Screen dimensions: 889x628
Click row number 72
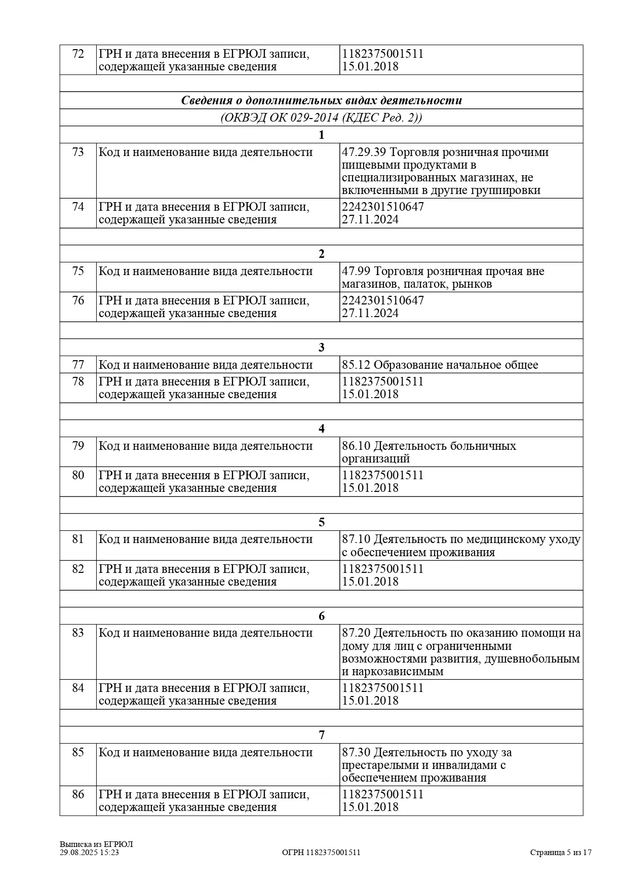point(78,54)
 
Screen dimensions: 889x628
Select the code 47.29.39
point(364,152)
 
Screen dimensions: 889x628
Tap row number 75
point(78,271)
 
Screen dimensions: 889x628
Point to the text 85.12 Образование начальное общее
point(440,365)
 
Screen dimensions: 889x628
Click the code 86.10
point(356,446)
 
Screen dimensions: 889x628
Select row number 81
point(78,539)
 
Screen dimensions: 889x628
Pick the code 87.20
point(356,633)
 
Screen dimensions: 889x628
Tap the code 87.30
point(356,752)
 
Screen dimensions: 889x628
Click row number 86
point(78,794)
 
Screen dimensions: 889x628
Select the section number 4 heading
point(321,429)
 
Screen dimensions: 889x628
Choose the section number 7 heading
point(321,735)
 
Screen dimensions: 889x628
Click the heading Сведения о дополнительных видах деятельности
point(321,100)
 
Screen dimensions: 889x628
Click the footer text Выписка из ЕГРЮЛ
point(96,844)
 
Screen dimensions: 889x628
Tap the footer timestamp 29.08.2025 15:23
point(89,853)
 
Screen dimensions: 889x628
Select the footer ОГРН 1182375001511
point(321,853)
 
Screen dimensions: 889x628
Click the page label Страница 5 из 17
point(561,853)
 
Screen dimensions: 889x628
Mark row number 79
point(78,446)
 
